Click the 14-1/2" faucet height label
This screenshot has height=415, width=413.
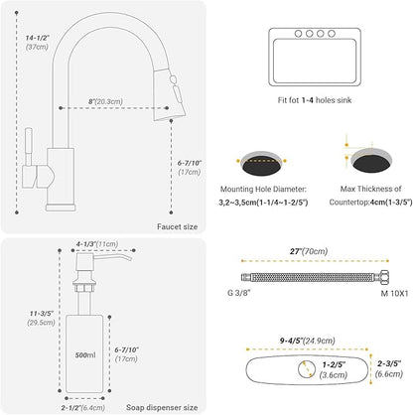pos(38,38)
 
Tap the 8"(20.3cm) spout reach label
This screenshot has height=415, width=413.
pos(105,101)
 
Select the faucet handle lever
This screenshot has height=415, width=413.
pos(28,158)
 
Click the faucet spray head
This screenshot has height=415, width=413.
pos(169,94)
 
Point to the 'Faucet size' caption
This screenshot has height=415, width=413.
pos(177,226)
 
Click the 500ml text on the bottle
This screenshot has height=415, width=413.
pos(85,355)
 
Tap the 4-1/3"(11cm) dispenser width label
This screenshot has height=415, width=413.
pos(97,244)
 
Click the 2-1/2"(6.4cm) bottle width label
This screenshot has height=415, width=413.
pos(83,407)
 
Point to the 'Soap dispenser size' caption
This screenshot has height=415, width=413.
pos(162,407)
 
